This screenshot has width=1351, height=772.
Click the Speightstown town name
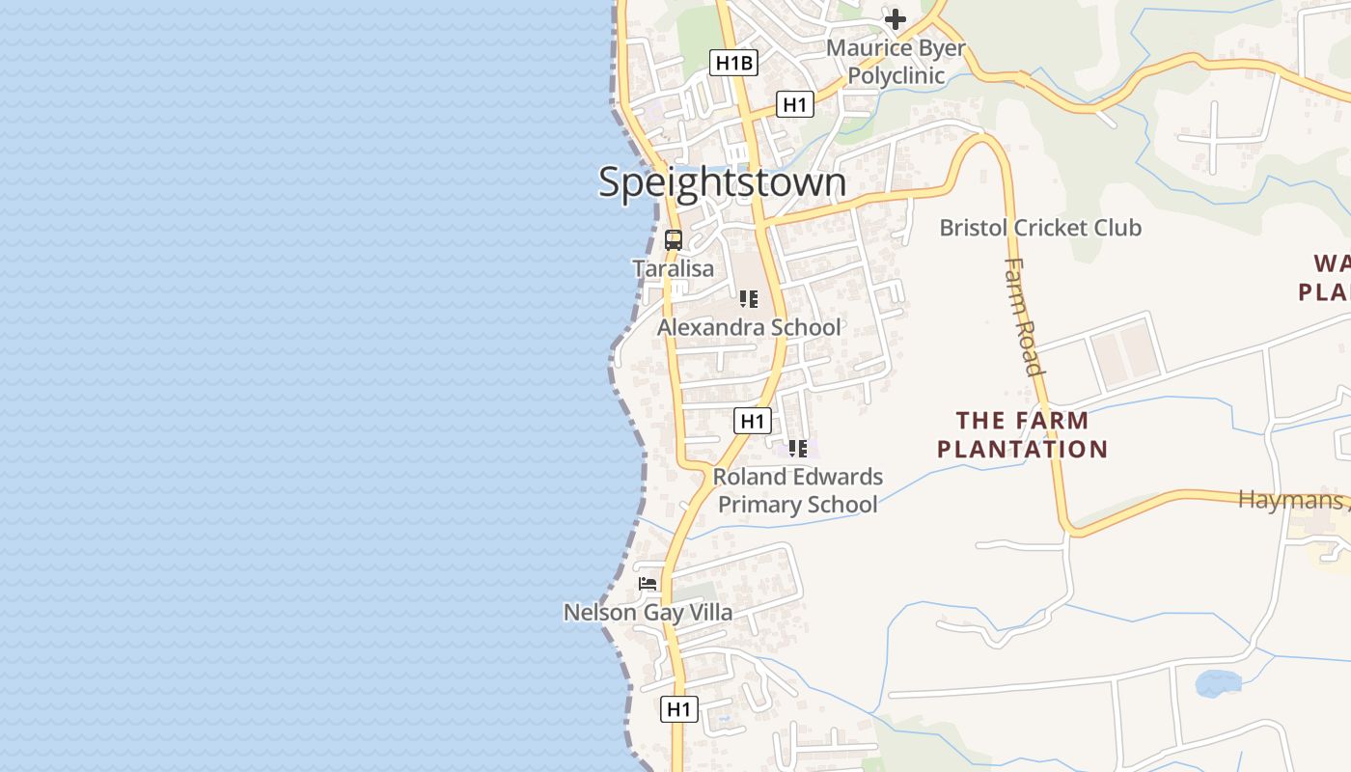click(x=722, y=182)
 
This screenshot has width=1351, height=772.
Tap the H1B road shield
click(x=733, y=64)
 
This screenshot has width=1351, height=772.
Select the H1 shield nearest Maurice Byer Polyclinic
click(x=794, y=104)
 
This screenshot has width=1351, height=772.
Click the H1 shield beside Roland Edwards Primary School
click(x=753, y=421)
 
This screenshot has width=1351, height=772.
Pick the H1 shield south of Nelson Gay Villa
click(x=679, y=709)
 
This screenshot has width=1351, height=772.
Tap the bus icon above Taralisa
click(x=674, y=240)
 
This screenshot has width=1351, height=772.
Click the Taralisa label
click(x=674, y=269)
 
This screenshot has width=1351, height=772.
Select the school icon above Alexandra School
click(x=748, y=299)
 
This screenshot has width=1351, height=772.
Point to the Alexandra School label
click(x=749, y=328)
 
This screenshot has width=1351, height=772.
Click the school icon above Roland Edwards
click(x=798, y=448)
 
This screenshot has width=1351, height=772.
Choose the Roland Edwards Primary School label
click(x=798, y=490)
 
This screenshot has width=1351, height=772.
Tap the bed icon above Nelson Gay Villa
click(x=648, y=584)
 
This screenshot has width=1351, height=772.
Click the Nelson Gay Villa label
click(x=648, y=613)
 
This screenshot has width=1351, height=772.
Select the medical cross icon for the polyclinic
click(x=896, y=18)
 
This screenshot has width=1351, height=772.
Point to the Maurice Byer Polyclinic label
click(x=896, y=61)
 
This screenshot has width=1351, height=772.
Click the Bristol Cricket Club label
click(x=1040, y=228)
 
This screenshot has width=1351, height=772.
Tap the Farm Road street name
click(x=1024, y=316)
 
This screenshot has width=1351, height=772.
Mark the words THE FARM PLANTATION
click(x=1023, y=434)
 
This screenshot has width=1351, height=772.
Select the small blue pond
click(x=1218, y=683)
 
